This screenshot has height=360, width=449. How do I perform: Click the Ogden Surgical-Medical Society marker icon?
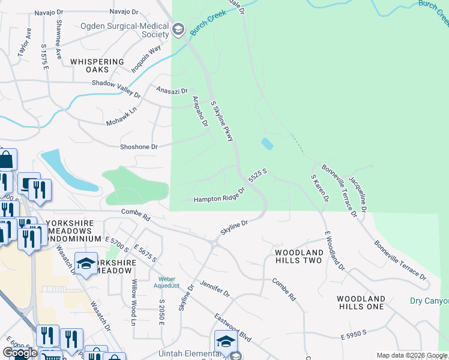click(x=178, y=29)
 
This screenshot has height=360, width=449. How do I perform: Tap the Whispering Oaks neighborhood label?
click(x=97, y=66)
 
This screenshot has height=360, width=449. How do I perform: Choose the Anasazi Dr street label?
click(x=172, y=90)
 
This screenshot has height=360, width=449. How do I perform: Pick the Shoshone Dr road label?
click(x=138, y=146)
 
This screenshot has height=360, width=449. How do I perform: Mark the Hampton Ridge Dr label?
click(x=220, y=196)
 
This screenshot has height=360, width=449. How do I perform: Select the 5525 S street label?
click(x=257, y=176)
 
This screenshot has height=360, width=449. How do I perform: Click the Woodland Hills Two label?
click(x=299, y=257)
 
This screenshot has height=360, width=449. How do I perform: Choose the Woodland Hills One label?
click(x=360, y=302)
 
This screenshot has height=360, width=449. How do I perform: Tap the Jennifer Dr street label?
click(x=215, y=289)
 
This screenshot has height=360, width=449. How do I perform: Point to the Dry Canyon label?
click(x=429, y=301)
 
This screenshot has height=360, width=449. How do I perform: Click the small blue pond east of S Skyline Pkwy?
click(x=267, y=144)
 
